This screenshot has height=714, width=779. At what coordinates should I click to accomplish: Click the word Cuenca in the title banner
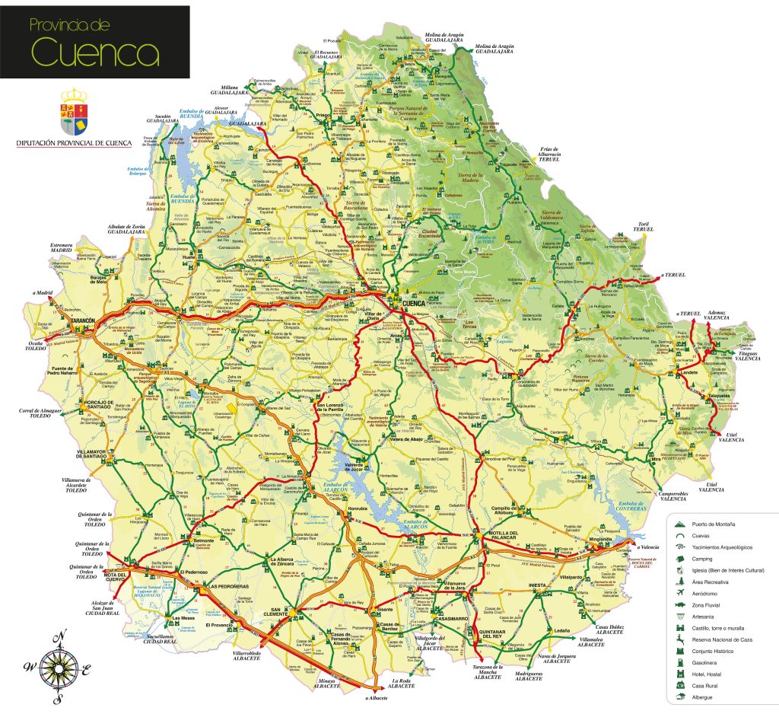[94, 53]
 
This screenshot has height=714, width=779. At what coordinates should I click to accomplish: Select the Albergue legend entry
[704, 696]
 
